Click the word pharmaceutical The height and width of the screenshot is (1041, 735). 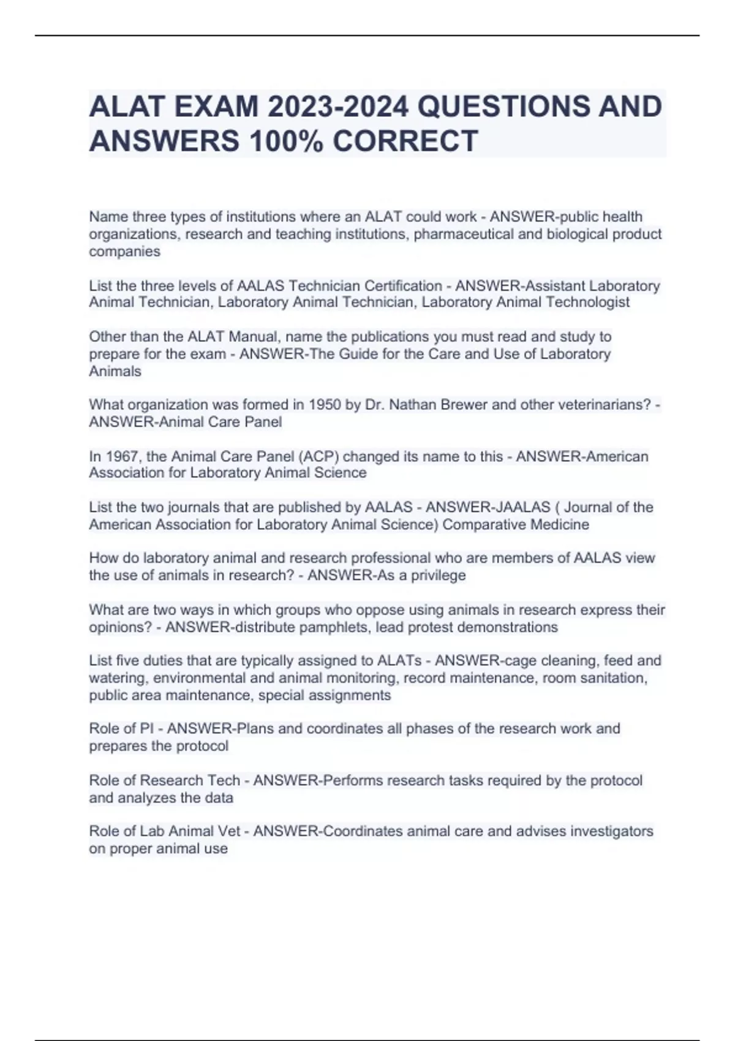(x=464, y=235)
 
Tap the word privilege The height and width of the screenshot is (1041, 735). (x=438, y=575)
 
